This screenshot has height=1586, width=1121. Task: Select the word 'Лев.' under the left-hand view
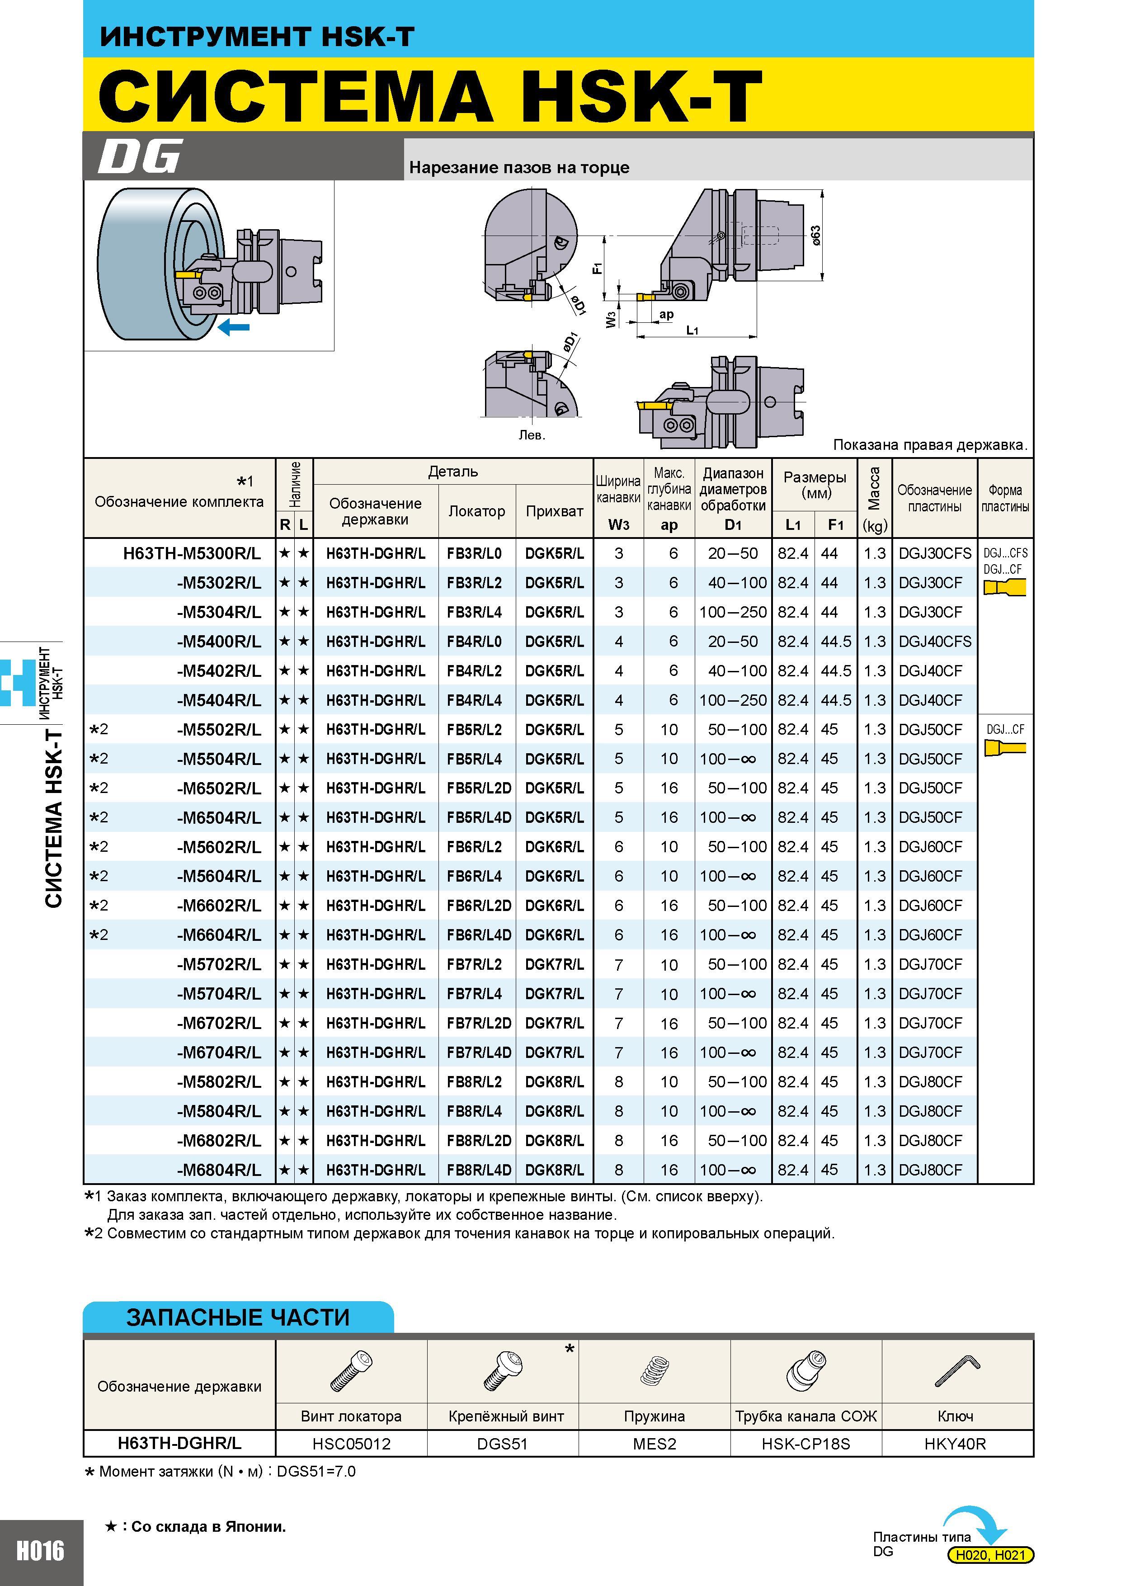[532, 435]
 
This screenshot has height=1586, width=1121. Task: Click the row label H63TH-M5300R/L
[192, 553]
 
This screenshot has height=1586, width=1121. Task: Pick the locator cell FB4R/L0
[475, 642]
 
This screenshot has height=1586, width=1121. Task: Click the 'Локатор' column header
[476, 511]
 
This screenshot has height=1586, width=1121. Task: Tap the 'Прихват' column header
[555, 511]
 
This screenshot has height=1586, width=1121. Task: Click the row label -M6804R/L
[219, 1170]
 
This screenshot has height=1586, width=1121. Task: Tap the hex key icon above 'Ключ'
[957, 1370]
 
